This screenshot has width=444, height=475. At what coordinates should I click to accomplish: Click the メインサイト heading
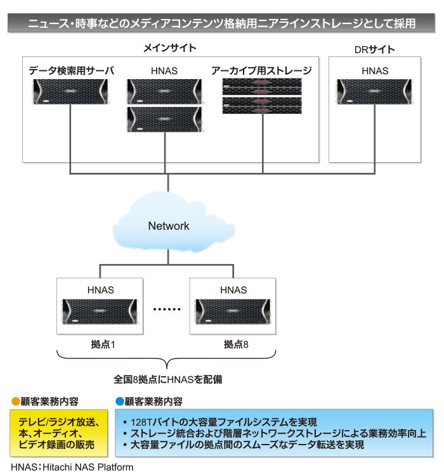tap(169, 48)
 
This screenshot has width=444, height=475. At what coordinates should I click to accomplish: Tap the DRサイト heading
tap(374, 49)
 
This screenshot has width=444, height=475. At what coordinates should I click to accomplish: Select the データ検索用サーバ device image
tap(70, 91)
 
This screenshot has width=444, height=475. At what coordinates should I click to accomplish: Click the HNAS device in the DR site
tap(374, 91)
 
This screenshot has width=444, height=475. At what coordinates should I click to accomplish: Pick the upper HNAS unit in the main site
tap(164, 91)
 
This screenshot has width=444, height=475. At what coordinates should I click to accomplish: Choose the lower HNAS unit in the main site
tap(164, 119)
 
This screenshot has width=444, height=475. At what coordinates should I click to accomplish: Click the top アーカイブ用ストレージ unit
tap(262, 86)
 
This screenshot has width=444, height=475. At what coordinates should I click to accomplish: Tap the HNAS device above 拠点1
tap(100, 312)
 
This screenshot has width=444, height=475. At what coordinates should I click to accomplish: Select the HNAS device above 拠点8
tap(233, 312)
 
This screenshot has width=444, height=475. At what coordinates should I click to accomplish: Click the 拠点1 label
tap(103, 344)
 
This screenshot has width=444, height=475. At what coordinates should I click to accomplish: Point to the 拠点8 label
tap(236, 344)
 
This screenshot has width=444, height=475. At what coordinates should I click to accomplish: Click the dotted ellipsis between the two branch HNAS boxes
tap(167, 309)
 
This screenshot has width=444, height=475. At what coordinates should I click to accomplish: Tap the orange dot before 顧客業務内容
tap(15, 402)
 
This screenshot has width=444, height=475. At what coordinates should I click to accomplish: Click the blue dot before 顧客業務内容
tap(120, 402)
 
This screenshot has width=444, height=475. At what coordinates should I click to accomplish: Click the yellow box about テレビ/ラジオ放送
tap(58, 433)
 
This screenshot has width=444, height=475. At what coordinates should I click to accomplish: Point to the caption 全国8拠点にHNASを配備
tap(168, 379)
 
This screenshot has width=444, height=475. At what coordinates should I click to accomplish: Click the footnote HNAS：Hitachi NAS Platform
tap(72, 467)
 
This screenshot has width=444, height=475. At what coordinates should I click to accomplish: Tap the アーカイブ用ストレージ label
tap(261, 70)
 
